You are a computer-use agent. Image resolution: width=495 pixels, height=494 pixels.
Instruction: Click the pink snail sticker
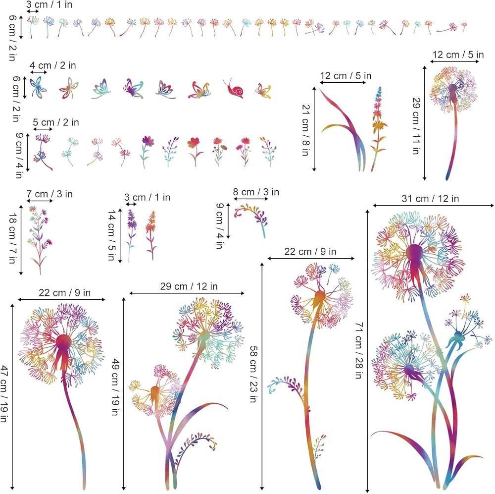234,90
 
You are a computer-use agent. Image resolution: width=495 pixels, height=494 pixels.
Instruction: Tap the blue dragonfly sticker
38,87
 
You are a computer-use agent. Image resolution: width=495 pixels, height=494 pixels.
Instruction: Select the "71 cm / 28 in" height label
358,350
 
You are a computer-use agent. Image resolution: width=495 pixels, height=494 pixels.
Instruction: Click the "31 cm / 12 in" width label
430,199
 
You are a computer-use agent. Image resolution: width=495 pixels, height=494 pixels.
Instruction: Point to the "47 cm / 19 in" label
4,393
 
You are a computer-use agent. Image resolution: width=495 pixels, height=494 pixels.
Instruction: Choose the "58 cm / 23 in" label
253,374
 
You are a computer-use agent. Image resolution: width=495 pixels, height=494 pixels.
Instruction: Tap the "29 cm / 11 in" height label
416,126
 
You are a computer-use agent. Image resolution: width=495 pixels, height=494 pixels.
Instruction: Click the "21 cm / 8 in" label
305,130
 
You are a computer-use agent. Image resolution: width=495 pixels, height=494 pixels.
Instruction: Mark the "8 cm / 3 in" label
256,192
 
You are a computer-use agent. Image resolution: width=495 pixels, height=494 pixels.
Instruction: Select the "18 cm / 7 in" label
12,238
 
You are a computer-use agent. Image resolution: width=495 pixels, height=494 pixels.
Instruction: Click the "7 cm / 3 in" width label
49,194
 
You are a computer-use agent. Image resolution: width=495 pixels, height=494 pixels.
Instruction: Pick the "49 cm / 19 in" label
115,387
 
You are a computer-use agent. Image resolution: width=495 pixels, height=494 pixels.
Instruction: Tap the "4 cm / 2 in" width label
53,65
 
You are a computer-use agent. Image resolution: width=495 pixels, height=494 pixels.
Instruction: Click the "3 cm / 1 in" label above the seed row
49,5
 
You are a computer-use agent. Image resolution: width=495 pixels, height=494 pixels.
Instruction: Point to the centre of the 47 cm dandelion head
63,342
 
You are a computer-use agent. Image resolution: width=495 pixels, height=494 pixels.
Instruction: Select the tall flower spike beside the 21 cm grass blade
378,128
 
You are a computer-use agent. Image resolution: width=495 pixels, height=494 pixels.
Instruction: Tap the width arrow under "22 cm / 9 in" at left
61,300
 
